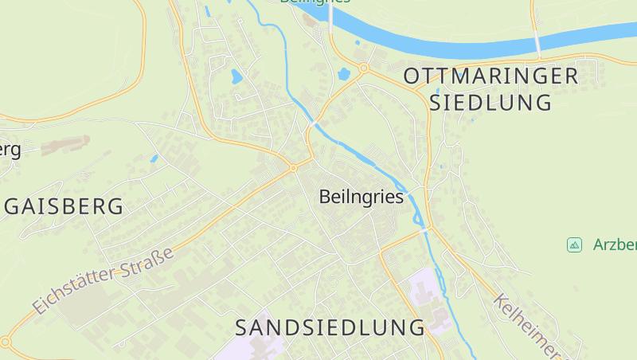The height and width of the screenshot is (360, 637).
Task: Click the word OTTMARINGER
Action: pos(490,76)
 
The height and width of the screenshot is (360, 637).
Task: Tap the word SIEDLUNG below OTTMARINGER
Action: pos(490,103)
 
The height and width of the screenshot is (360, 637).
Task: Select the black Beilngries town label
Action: pos(361,197)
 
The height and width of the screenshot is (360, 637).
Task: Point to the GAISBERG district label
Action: pos(64,207)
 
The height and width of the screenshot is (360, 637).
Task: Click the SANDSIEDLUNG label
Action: pos(330,327)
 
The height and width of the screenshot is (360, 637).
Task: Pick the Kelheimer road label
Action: pos(526,325)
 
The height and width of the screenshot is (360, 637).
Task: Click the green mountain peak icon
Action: pos(574,245)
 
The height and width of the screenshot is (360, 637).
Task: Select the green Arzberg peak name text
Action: pos(615,245)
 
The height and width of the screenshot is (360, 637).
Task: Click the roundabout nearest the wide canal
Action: pos(363,68)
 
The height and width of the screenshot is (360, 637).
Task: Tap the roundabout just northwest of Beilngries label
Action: pos(293,168)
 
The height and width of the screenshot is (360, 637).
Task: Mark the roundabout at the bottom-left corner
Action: pos(6,342)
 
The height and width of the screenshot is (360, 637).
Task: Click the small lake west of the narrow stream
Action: pos(236,77)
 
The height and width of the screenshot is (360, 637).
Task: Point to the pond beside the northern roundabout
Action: pos(344,74)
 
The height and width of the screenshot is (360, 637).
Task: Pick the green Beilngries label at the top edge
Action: pos(315,2)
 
